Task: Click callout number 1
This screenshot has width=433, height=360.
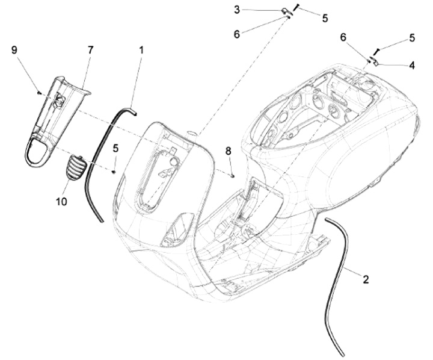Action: pyautogui.click(x=142, y=51)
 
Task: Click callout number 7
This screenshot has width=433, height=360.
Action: pyautogui.click(x=90, y=51)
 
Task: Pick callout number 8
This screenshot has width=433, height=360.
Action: pyautogui.click(x=228, y=151)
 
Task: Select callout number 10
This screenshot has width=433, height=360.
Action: pyautogui.click(x=63, y=202)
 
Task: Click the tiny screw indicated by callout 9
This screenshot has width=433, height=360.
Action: pyautogui.click(x=38, y=93)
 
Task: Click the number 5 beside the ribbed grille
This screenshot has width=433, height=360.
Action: pyautogui.click(x=115, y=147)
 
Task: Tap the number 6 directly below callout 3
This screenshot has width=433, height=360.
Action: pyautogui.click(x=236, y=34)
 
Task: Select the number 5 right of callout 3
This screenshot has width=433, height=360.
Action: pyautogui.click(x=325, y=18)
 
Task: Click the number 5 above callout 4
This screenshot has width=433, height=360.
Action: pyautogui.click(x=411, y=37)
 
